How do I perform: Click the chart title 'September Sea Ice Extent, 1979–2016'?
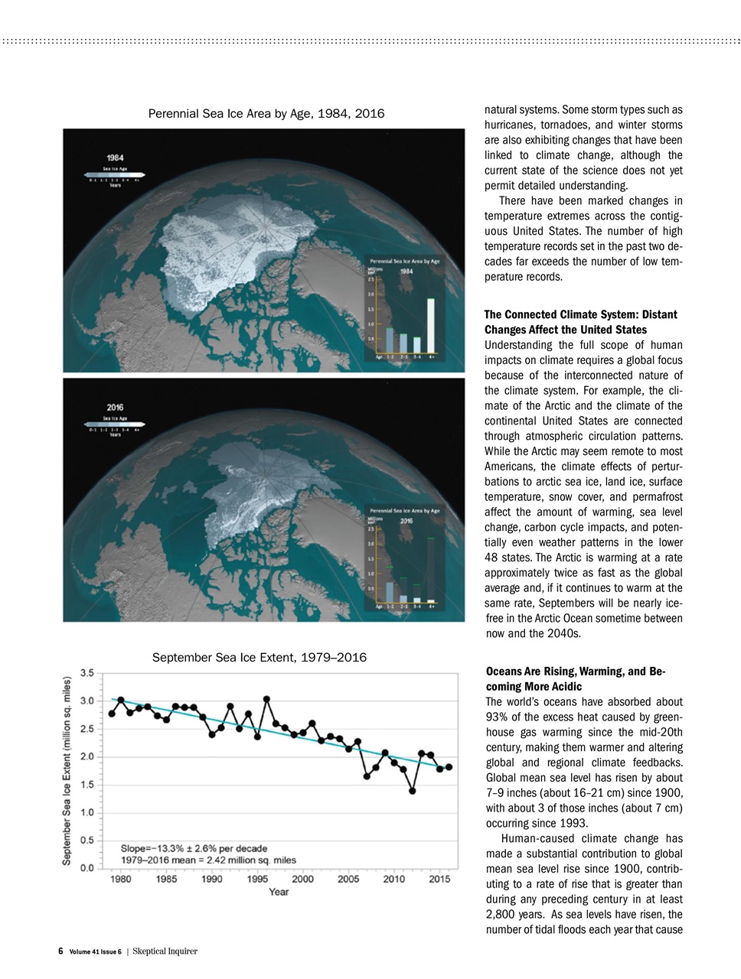(x=259, y=657)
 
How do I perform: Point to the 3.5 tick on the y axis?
(x=87, y=673)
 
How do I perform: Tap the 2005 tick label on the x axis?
(x=348, y=879)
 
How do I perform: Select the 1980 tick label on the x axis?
(x=121, y=879)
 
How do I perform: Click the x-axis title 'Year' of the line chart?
(x=279, y=892)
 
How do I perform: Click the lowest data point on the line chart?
(x=412, y=791)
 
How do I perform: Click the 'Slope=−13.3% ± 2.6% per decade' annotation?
(x=194, y=848)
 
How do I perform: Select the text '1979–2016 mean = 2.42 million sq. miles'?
(x=208, y=860)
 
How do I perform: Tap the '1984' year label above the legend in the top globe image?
(x=116, y=158)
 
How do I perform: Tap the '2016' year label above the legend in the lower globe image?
(x=116, y=407)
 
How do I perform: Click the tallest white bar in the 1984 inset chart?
(x=431, y=325)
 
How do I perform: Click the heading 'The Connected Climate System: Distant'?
(x=580, y=314)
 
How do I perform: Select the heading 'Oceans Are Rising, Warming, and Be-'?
(x=575, y=672)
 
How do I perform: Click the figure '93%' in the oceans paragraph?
(x=498, y=717)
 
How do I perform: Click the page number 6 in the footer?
(x=60, y=951)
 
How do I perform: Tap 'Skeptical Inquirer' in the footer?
(x=165, y=951)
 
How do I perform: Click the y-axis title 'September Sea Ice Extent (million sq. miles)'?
(x=67, y=770)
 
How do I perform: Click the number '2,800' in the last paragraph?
(x=501, y=915)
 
